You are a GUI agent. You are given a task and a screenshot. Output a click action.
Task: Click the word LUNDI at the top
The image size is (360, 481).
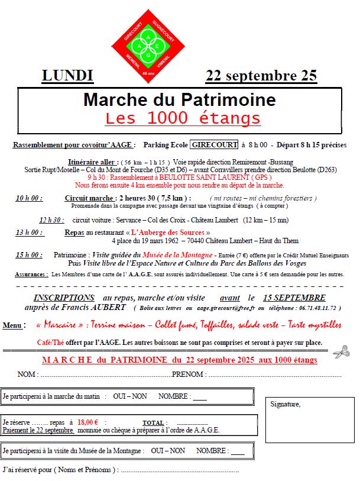click(x=67, y=76)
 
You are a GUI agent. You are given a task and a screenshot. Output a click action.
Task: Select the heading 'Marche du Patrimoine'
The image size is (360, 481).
click(x=179, y=99)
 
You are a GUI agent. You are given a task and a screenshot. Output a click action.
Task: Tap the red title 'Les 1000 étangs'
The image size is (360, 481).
click(x=183, y=117)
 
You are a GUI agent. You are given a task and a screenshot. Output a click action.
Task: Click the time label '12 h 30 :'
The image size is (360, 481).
click(x=52, y=220)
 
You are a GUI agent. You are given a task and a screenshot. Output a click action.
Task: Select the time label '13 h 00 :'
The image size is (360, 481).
click(x=29, y=233)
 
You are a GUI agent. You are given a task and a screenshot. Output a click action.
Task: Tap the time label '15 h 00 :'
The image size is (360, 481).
click(x=29, y=255)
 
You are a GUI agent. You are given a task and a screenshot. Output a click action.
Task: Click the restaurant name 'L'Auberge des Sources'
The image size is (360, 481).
click(x=169, y=233)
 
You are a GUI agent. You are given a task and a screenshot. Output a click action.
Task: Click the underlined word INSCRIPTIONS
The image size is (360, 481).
click(x=64, y=298)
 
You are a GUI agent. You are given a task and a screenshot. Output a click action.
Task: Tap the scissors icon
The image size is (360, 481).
click(x=341, y=352)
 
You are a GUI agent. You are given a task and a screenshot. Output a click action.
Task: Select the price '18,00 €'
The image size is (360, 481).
click(x=89, y=422)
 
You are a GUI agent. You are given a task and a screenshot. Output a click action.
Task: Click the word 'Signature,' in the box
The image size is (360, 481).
click(x=285, y=404)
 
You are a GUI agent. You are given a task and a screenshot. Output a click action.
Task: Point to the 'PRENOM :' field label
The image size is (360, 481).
click(x=189, y=375)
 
